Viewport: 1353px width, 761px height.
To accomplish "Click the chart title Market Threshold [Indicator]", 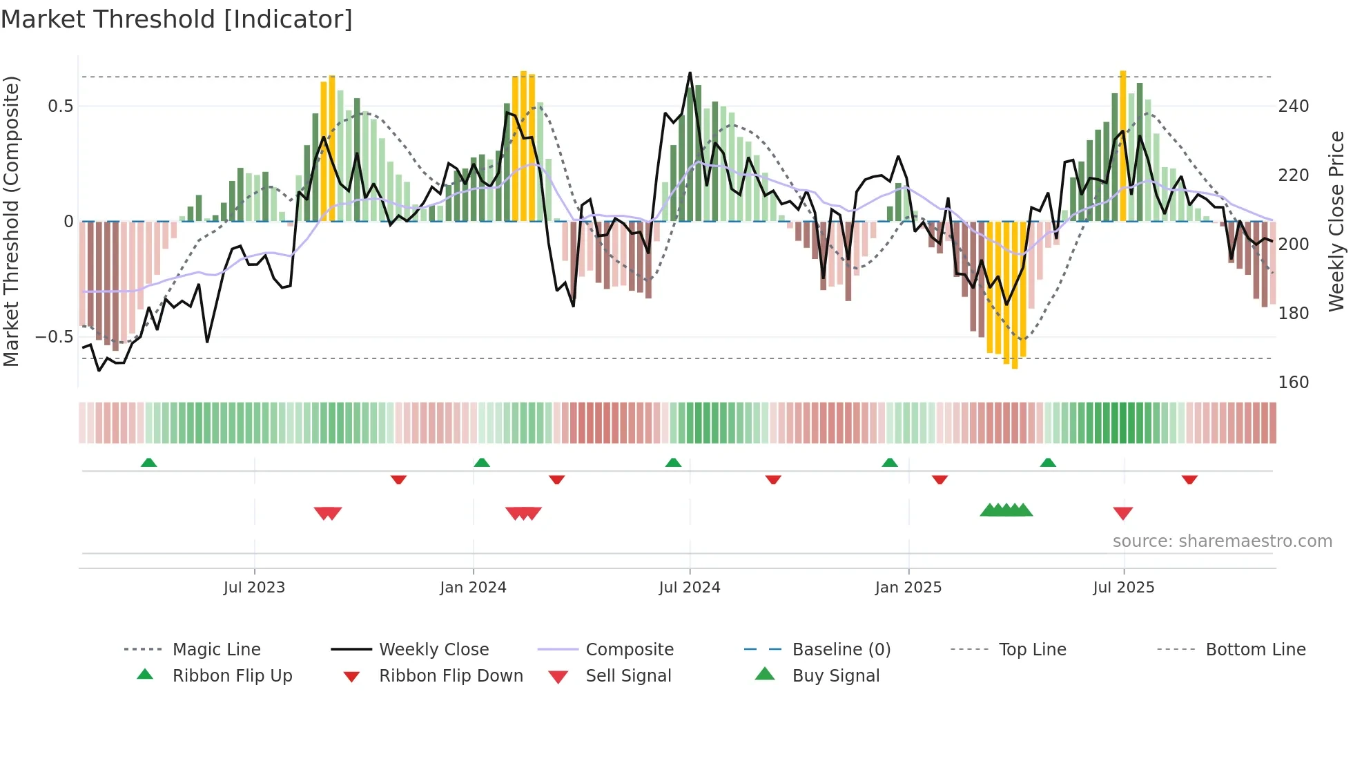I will pos(177,19).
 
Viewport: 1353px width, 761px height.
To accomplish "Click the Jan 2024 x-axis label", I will pos(473,588).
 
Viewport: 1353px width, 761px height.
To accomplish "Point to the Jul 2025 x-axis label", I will pos(1123,588).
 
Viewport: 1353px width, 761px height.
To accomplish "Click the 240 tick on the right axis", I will pos(1293,106).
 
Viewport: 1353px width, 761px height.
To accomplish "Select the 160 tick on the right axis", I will pos(1293,383).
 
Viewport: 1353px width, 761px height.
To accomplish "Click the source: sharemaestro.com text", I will pos(1222,541).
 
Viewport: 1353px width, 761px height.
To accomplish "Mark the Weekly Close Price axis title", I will pos(1336,221).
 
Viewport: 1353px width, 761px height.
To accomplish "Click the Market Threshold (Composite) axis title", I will pos(11,221).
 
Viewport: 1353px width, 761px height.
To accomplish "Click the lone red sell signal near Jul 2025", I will pos(1122,513).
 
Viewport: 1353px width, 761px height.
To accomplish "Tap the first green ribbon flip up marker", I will pos(148,463).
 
